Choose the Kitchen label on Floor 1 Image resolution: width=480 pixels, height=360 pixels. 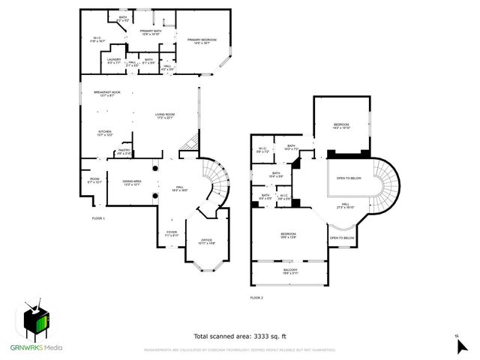(104, 133)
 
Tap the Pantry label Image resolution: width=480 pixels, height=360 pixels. (124, 151)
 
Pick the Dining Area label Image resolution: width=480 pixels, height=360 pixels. (132, 182)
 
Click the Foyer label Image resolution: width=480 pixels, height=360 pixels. (172, 233)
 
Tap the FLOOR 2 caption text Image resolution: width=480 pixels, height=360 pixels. (258, 298)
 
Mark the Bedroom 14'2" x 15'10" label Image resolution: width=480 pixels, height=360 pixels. (341, 126)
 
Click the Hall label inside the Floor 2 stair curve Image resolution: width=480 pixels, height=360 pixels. (346, 205)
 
